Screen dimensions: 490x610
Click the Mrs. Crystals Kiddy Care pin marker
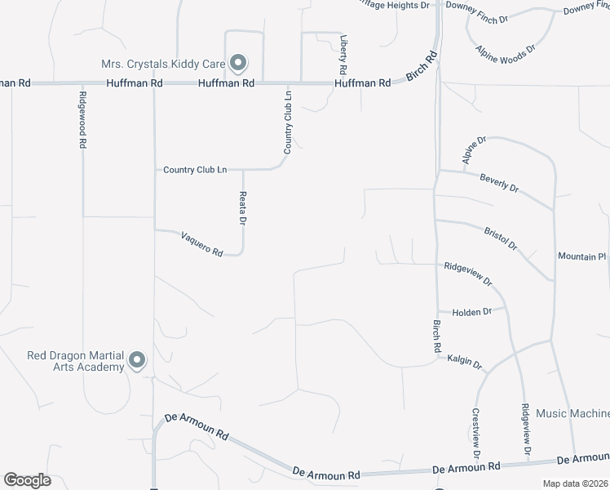[x=238, y=62]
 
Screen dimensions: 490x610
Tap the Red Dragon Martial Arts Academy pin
[x=137, y=359]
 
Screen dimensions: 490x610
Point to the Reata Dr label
[x=242, y=207]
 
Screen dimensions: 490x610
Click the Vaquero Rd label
[x=202, y=243]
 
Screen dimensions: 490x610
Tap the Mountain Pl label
[x=582, y=256]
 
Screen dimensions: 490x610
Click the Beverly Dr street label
[x=499, y=182]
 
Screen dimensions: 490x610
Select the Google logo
[x=27, y=480]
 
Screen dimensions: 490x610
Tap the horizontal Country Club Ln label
[x=195, y=170]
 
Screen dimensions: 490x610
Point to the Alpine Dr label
[x=474, y=151]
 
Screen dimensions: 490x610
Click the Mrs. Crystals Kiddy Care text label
[x=163, y=63]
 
